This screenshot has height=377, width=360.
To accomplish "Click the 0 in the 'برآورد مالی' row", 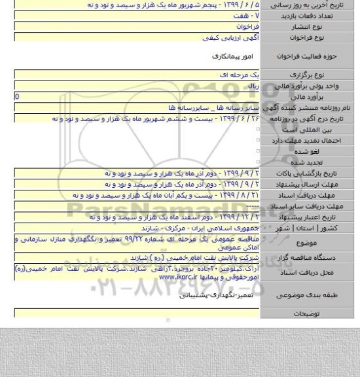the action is click(7, 96).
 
